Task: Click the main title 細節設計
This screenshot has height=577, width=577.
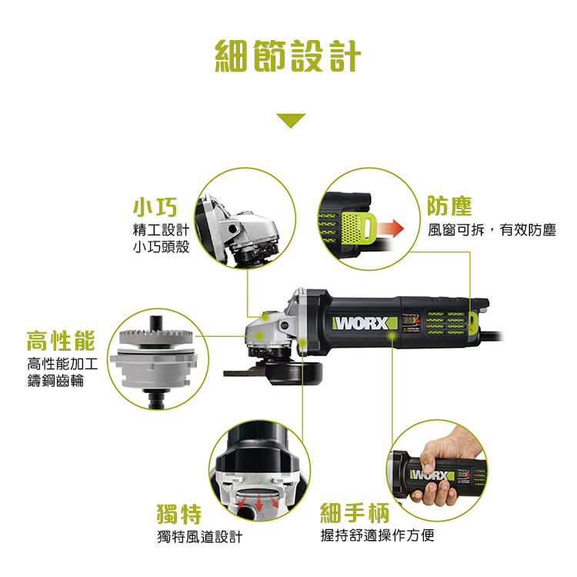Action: point(288,56)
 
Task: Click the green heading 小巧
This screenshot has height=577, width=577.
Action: point(155,207)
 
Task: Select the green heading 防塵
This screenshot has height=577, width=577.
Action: point(449,206)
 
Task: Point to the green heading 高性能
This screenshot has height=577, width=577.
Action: point(61,341)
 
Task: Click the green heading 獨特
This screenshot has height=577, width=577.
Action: point(179,514)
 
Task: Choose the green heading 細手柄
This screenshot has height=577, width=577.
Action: point(355,512)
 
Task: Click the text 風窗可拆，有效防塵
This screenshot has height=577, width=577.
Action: point(492,230)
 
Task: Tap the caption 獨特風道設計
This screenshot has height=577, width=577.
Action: point(200,537)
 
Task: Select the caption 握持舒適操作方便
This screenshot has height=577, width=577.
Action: point(377,535)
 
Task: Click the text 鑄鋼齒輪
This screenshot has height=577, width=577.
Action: point(55,381)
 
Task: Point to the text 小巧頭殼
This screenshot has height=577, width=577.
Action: point(162,246)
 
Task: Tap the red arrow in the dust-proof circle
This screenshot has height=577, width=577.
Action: point(389,228)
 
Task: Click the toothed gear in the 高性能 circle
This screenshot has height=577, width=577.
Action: point(156,338)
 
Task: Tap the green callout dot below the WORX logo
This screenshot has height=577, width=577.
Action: point(392,335)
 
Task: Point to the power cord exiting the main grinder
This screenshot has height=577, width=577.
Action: point(492,335)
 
